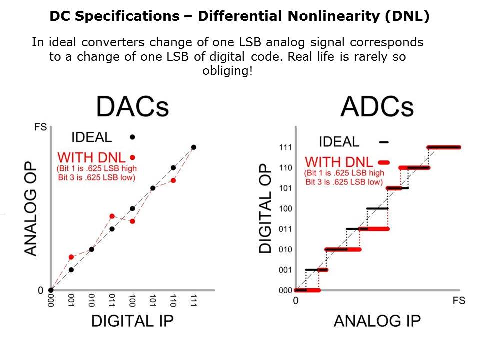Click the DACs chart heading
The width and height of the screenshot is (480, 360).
pos(132,107)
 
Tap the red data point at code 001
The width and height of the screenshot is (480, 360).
pos(71,257)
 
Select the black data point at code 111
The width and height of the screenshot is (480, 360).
pos(194,147)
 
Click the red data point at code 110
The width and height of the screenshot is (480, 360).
pos(173,180)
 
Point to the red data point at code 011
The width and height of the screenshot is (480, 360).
pos(112,216)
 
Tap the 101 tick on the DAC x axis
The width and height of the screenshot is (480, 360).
pos(153,301)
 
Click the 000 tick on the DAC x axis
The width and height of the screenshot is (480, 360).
pos(50,301)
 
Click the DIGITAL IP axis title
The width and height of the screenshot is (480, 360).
pos(132,321)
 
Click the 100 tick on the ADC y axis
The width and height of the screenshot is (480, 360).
pos(285,209)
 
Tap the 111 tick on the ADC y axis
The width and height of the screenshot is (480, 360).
pos(285,147)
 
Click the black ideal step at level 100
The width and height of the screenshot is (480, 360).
pos(377,208)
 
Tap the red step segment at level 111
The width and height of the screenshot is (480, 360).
pos(444,147)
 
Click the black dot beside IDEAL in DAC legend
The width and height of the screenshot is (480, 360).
pos(132,137)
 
